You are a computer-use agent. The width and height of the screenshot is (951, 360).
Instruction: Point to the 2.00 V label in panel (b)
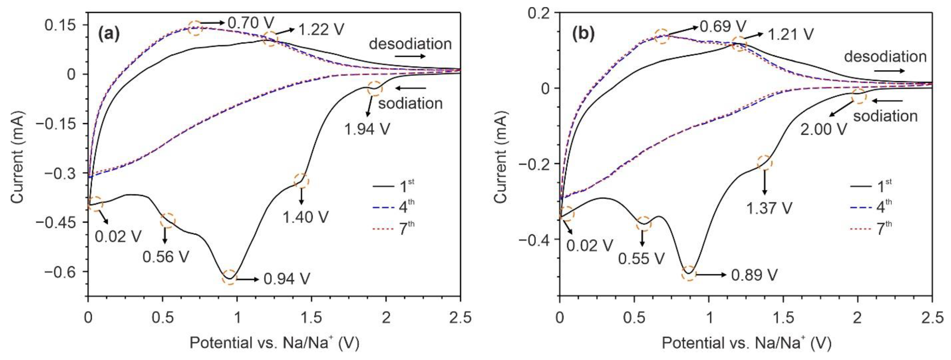click(823, 129)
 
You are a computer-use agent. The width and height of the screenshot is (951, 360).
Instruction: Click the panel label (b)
click(583, 34)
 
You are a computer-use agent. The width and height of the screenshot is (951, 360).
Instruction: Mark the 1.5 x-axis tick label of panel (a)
click(312, 318)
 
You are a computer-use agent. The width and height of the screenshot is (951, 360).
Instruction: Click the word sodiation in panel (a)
click(410, 103)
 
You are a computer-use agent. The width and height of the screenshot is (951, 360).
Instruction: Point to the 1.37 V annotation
click(769, 208)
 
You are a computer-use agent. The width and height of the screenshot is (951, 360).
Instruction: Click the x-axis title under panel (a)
click(274, 343)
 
